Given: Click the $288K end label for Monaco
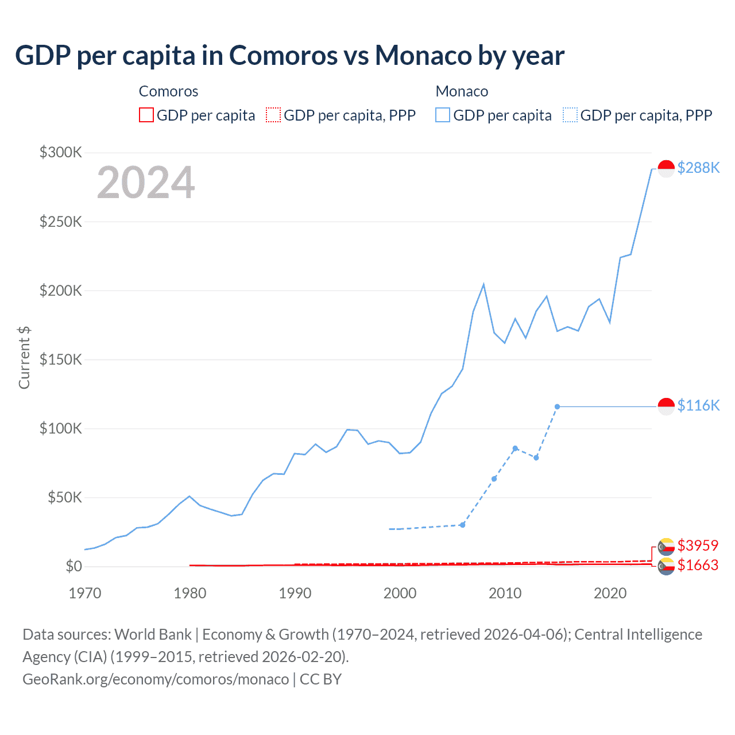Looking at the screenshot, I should pyautogui.click(x=698, y=168).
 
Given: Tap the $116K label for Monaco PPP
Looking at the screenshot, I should pyautogui.click(x=698, y=405).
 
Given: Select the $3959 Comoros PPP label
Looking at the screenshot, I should pyautogui.click(x=698, y=545).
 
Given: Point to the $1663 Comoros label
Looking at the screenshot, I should pyautogui.click(x=698, y=565).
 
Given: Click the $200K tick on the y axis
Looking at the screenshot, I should pyautogui.click(x=61, y=291).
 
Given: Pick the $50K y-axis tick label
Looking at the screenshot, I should pyautogui.click(x=65, y=497).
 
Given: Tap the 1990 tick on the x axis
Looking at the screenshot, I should pyautogui.click(x=295, y=593).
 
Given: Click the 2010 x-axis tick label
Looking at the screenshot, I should pyautogui.click(x=505, y=593).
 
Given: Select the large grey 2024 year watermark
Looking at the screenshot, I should pyautogui.click(x=146, y=183).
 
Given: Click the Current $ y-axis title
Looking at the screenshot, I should pyautogui.click(x=24, y=357).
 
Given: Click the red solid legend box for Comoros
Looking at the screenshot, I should pyautogui.click(x=146, y=115).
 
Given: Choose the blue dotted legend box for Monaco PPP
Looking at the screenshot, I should pyautogui.click(x=570, y=115).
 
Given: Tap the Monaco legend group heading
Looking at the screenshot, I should pyautogui.click(x=462, y=91).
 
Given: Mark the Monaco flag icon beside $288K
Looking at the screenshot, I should pyautogui.click(x=666, y=168).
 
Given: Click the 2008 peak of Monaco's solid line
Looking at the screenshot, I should pyautogui.click(x=483, y=284).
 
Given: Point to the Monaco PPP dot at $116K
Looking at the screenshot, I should pyautogui.click(x=557, y=407).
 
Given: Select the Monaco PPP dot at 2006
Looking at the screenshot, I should pyautogui.click(x=462, y=525).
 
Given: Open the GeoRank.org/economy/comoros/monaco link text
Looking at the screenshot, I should pyautogui.click(x=156, y=679).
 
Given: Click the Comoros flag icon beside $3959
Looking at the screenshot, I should pyautogui.click(x=666, y=546).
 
